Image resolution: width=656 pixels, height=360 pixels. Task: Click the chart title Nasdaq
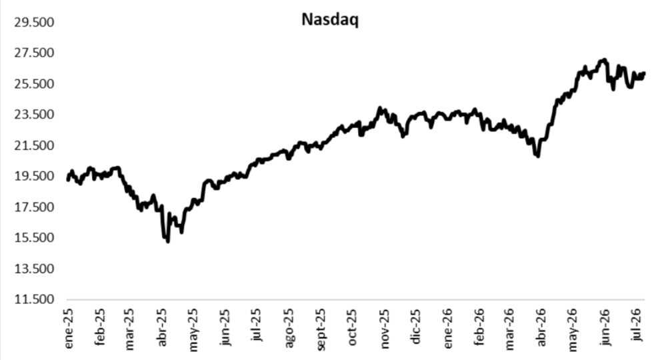click(330, 20)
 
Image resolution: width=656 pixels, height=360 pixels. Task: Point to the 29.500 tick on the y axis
click(34, 22)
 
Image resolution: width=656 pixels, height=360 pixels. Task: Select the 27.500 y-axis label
click(34, 53)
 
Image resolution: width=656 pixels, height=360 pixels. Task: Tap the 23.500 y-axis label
click(34, 115)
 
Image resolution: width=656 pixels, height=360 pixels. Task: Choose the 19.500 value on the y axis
click(34, 176)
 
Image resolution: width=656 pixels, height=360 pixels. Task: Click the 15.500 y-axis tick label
click(34, 238)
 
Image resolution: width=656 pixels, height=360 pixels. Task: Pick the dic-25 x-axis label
click(415, 327)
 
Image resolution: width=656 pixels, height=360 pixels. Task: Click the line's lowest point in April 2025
click(168, 241)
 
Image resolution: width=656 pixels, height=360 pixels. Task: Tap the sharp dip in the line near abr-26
click(538, 156)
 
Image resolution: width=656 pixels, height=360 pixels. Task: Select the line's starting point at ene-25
click(68, 179)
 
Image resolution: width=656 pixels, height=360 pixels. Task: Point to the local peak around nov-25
click(380, 108)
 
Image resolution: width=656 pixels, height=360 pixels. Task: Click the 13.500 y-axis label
click(34, 269)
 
